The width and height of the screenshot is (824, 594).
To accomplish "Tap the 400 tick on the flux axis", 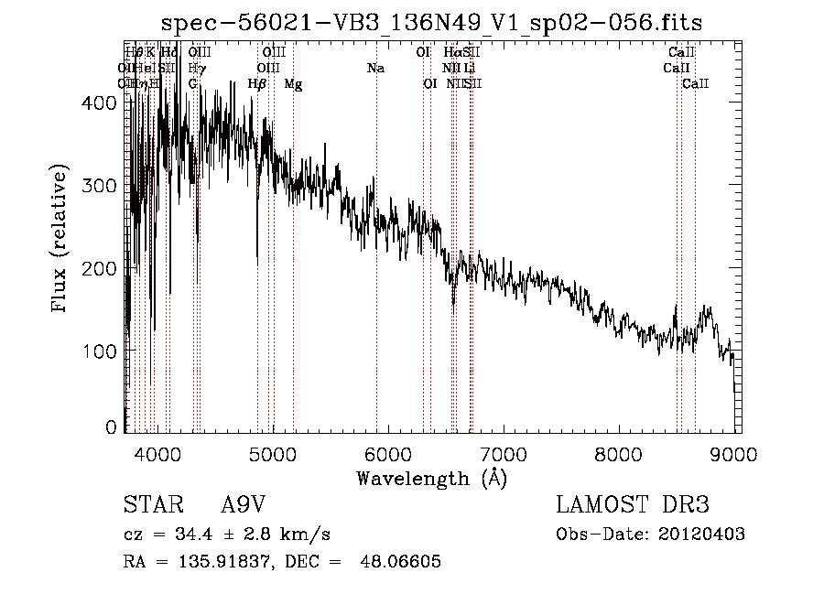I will click(101, 103).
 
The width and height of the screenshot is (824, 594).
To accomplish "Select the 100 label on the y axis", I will click(101, 351).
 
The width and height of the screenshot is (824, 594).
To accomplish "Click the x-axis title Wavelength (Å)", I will click(431, 478).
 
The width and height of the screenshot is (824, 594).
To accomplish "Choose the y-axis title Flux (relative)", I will click(60, 240).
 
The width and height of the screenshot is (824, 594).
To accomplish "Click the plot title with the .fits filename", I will click(432, 23).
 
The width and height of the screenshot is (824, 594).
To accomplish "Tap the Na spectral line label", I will click(375, 69).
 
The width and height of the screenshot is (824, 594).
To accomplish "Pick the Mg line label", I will click(293, 84).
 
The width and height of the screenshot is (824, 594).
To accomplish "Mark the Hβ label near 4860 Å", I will click(257, 84).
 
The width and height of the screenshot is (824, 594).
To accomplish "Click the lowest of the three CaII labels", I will click(696, 84).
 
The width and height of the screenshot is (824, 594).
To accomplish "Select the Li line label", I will click(469, 69).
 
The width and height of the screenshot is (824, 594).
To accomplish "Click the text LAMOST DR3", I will click(632, 505).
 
